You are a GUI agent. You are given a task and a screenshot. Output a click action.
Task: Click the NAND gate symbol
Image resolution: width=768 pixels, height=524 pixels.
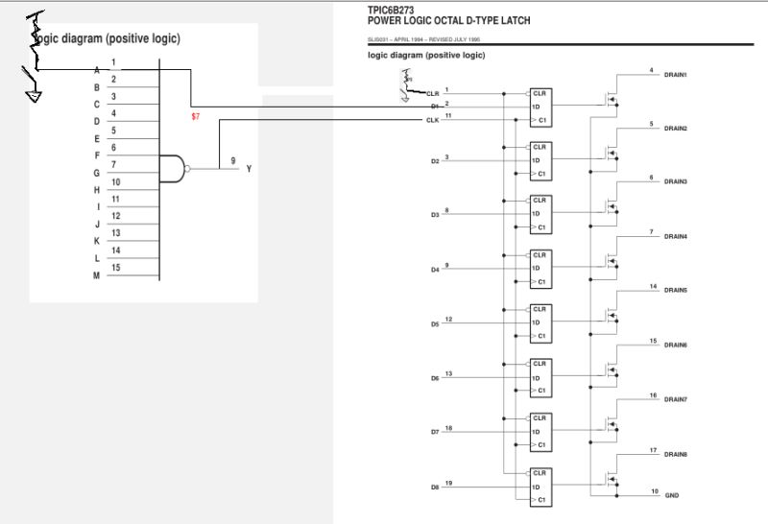coord(173,168)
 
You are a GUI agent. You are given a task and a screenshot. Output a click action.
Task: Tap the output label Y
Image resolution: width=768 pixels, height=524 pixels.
coord(250,169)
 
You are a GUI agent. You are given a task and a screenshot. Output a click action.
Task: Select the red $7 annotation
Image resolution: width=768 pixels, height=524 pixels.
coord(196,116)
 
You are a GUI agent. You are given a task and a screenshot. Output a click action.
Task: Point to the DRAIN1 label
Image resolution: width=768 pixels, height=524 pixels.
coord(676,75)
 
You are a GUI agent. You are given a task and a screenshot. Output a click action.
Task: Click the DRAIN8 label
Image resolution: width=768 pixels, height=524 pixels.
coord(676,454)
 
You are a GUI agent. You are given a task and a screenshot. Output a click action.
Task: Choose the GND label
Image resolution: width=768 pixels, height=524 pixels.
coord(672,495)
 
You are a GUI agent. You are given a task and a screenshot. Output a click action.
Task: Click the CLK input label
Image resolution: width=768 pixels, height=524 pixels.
coord(432,120)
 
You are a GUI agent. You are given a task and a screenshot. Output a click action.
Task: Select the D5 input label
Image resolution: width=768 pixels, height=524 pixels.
coord(435,324)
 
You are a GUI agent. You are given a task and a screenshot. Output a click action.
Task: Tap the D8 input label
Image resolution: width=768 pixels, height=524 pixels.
coord(435,488)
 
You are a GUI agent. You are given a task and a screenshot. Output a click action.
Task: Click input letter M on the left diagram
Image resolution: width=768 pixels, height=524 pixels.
coord(96,276)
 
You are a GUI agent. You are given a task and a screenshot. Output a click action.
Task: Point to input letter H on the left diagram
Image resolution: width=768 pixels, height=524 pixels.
coord(96,190)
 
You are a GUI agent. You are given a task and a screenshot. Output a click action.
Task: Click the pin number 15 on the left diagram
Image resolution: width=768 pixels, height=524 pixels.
coord(115,268)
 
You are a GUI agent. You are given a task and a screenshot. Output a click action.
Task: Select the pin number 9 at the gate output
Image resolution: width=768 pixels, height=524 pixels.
coord(233,160)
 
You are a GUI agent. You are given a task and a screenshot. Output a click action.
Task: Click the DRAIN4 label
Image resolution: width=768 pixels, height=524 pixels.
coord(676,237)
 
